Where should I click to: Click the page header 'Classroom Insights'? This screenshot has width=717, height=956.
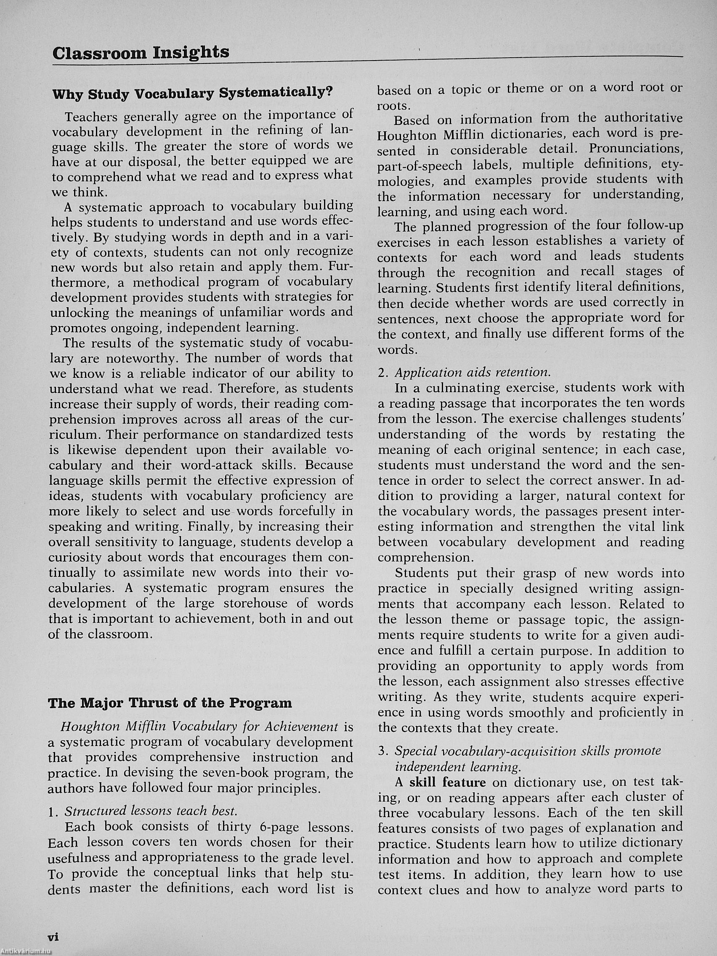[141, 53]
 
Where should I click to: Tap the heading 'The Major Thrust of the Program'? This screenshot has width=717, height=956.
[170, 703]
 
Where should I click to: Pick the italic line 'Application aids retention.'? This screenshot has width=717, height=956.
[473, 372]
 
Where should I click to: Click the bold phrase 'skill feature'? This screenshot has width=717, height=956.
[447, 782]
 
